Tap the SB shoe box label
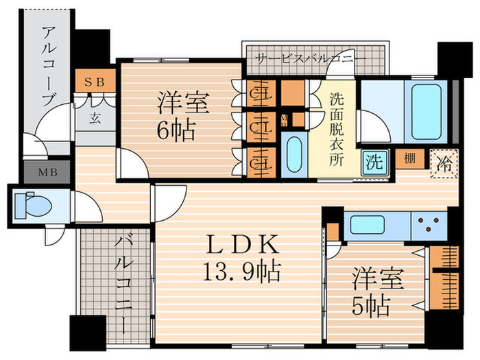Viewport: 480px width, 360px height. [94, 81]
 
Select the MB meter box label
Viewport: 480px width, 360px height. [47, 171]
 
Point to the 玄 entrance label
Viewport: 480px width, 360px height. [94, 117]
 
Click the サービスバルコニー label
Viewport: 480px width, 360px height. [310, 59]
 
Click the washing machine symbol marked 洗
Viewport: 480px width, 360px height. [374, 162]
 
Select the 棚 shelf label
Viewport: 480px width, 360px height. [409, 158]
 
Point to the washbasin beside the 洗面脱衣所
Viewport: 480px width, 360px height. [294, 154]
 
